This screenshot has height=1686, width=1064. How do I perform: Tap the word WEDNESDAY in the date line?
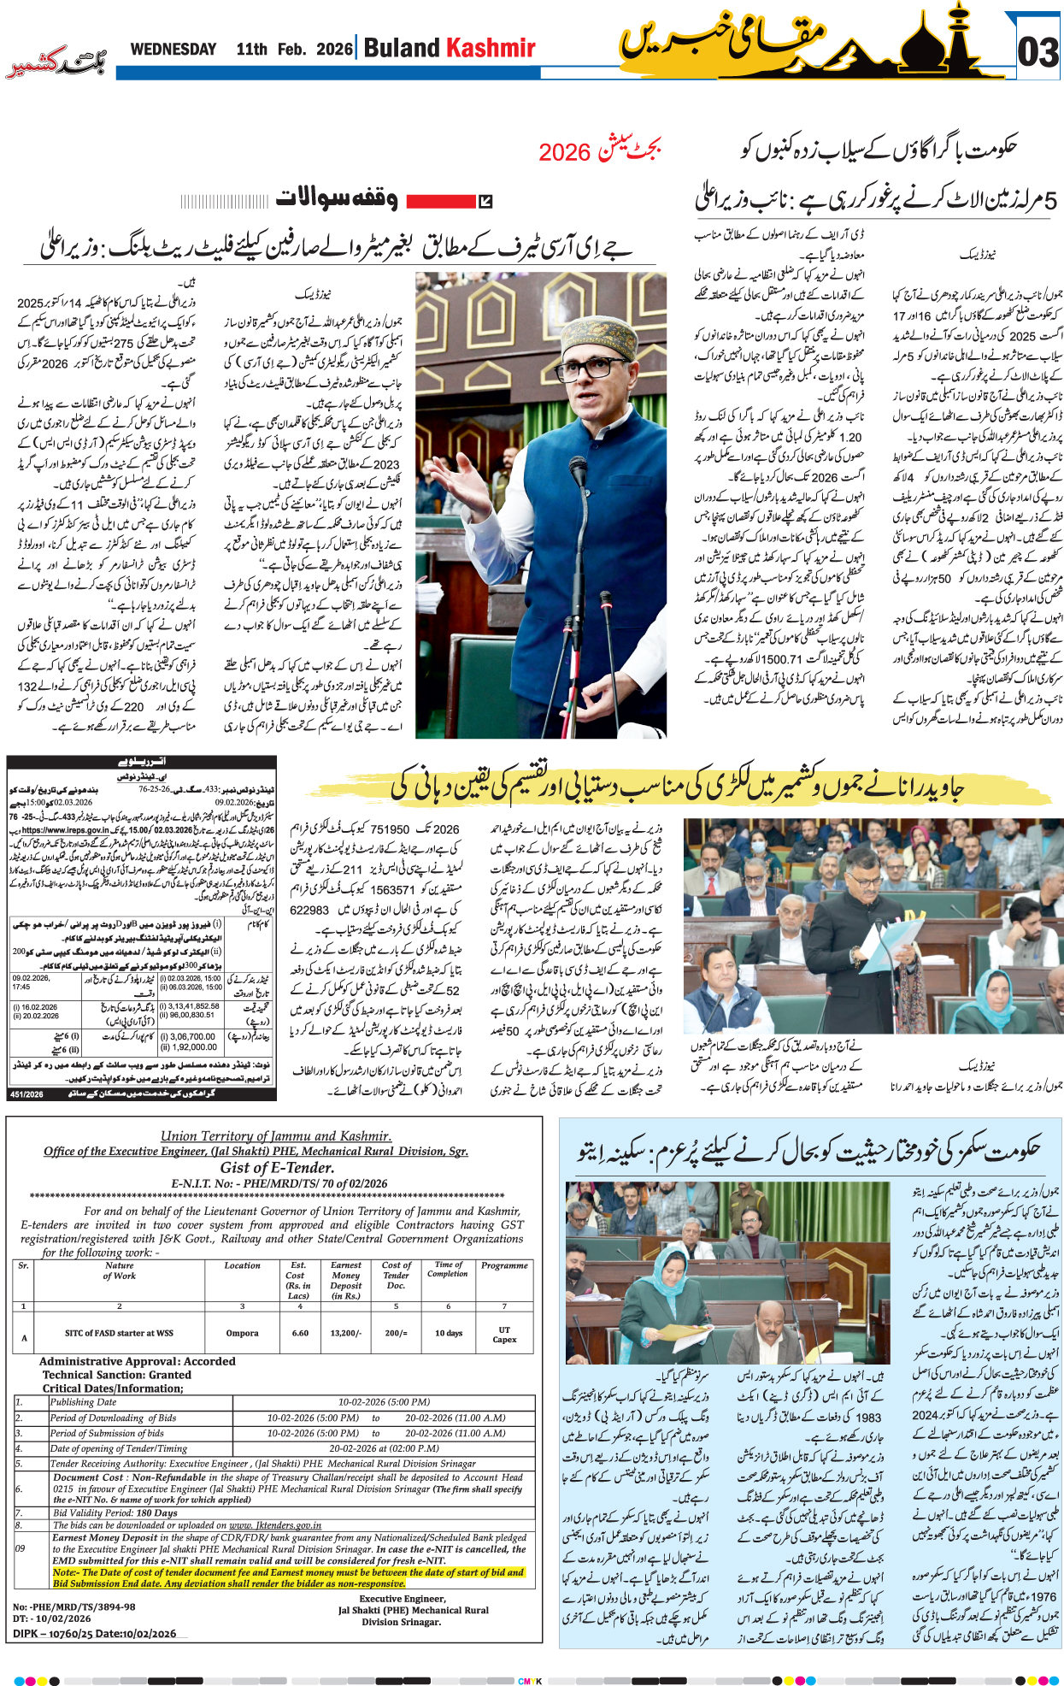pyautogui.click(x=173, y=50)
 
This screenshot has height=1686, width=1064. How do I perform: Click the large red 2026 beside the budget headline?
pyautogui.click(x=564, y=153)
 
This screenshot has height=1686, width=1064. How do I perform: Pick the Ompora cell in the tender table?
pyautogui.click(x=242, y=1332)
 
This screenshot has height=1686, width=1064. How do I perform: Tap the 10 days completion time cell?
pyautogui.click(x=448, y=1332)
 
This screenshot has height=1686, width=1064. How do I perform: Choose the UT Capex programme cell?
pyautogui.click(x=504, y=1335)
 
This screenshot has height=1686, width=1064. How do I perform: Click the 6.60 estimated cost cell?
pyautogui.click(x=300, y=1332)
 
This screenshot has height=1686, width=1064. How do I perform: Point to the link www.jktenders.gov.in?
pyautogui.click(x=275, y=1524)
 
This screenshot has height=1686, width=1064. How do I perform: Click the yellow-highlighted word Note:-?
pyautogui.click(x=65, y=1571)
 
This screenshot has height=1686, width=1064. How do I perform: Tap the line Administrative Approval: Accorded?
pyautogui.click(x=137, y=1361)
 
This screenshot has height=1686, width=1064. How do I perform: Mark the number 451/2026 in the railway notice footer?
pyautogui.click(x=26, y=1094)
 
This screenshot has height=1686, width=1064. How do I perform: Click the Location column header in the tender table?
pyautogui.click(x=242, y=1265)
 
